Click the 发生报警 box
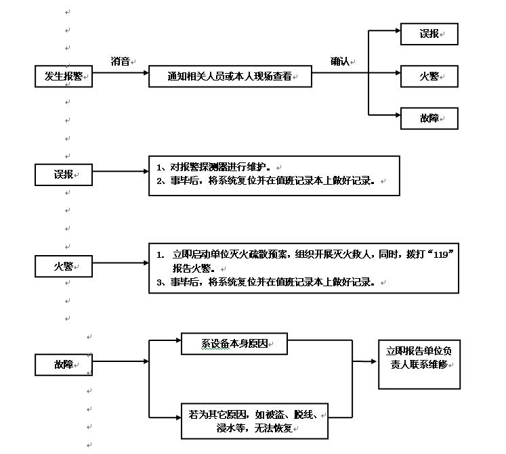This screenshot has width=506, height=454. tap(63, 76)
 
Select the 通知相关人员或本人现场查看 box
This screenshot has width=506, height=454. tap(230, 76)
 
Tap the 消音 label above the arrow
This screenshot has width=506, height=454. tap(121, 61)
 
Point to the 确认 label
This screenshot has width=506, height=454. tap(340, 61)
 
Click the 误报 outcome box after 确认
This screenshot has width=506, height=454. tap(429, 34)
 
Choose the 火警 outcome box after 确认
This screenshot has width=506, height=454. tap(429, 76)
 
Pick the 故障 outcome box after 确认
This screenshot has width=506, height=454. tap(429, 118)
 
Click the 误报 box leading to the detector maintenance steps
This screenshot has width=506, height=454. tap(63, 175)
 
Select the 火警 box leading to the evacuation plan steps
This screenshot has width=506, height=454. tap(63, 267)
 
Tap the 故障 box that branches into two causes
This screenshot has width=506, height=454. tap(63, 365)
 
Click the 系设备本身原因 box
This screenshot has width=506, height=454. tap(234, 344)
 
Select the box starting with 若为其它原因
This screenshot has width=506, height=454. tap(254, 420)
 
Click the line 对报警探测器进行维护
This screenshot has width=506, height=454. tap(217, 166)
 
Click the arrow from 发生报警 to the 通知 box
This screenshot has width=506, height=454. tap(120, 76)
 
